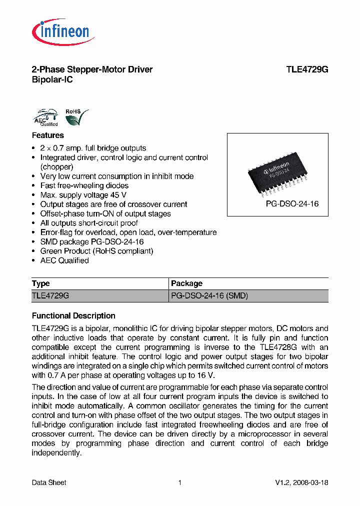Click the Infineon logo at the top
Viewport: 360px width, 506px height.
pos(63,32)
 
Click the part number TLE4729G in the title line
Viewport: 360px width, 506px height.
pos(307,69)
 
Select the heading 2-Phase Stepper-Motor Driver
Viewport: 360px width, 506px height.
pos(92,69)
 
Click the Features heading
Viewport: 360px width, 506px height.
pos(48,135)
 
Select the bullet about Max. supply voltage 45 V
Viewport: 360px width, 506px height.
pos(83,195)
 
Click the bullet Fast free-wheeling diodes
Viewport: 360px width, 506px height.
pos(84,185)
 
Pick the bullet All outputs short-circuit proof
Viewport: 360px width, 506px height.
pos(89,223)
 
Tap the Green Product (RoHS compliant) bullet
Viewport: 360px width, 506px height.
pos(96,251)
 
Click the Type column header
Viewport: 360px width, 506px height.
pos(41,283)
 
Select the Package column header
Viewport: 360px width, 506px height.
pos(187,283)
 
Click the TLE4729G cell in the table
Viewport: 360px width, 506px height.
pos(50,295)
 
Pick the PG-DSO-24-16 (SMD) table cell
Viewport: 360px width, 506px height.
pos(209,295)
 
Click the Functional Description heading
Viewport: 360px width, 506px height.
pos(73,316)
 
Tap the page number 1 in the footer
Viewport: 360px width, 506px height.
pos(179,482)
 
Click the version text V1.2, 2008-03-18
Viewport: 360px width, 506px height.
pos(301,482)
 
